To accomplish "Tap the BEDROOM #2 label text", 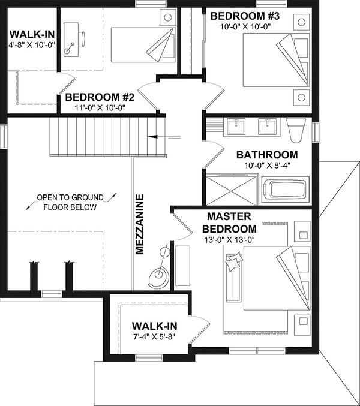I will click(99, 97).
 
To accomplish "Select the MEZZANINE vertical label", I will click(139, 224).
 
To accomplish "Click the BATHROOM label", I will click(267, 154).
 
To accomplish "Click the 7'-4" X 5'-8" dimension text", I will click(154, 336).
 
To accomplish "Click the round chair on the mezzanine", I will click(158, 274).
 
